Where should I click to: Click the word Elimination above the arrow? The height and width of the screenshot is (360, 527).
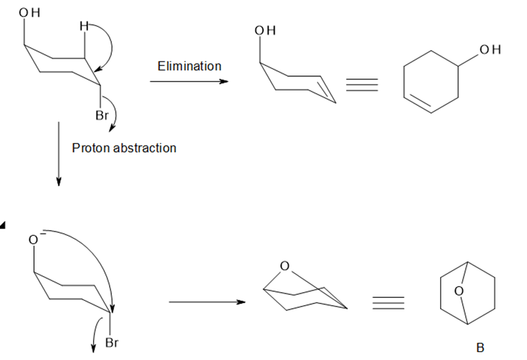pos(189,66)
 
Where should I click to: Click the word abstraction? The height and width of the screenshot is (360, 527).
pos(145,148)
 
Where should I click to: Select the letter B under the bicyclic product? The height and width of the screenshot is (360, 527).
pos(481,347)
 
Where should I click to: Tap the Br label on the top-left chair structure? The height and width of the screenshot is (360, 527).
pos(102,116)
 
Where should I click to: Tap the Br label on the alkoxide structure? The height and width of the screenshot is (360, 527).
pos(112,343)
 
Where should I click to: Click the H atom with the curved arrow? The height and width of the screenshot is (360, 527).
pos(84,26)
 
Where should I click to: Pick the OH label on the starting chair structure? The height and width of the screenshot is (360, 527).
pos(29,13)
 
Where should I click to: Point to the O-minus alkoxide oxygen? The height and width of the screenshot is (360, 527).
pos(35,239)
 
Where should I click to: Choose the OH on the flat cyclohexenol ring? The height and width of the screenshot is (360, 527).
pos(490,49)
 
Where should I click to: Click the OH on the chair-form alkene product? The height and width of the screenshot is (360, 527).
pos(265,30)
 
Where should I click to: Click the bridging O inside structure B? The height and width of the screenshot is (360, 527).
pos(459,291)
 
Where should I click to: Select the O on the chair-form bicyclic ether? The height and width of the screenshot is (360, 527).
pos(284,266)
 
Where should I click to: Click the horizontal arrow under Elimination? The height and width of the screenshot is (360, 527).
pos(189,82)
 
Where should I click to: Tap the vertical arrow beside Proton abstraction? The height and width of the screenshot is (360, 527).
pos(59,154)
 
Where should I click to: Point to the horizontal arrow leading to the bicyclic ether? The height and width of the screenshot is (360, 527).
pos(207,302)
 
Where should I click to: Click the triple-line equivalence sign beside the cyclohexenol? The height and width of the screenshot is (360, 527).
pos(362,85)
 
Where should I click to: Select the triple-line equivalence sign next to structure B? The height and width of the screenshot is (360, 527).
pos(388,303)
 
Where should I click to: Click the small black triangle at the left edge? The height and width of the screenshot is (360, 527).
pos(2,225)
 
